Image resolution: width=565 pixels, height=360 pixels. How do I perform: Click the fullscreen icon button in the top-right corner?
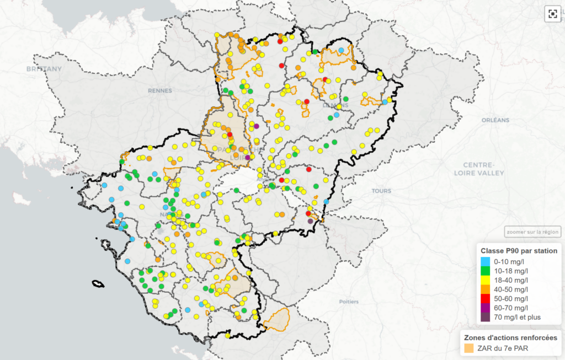point(552,14)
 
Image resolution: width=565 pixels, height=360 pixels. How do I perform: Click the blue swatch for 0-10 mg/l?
point(485,261)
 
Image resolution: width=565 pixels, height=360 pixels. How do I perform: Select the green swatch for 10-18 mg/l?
point(485,271)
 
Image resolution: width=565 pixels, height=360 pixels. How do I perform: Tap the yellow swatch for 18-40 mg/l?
point(485,280)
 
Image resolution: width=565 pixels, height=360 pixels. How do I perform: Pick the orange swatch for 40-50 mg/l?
point(485,289)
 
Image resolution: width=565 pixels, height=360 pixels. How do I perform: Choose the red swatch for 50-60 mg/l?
point(485,299)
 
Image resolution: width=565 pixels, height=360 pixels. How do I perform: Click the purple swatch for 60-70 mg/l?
point(485,308)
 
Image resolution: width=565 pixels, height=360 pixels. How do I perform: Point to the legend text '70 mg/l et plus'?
point(518,317)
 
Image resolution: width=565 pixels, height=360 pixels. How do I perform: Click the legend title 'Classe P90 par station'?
point(519,251)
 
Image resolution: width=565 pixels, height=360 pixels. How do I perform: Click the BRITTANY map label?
point(44,69)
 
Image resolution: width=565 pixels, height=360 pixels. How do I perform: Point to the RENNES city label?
point(159,90)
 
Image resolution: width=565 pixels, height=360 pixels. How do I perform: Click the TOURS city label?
point(381,191)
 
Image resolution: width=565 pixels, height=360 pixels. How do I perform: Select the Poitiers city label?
point(349,302)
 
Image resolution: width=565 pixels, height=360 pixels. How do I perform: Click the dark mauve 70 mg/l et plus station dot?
point(310,221)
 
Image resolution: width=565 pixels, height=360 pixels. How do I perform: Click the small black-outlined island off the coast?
point(98,284)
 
